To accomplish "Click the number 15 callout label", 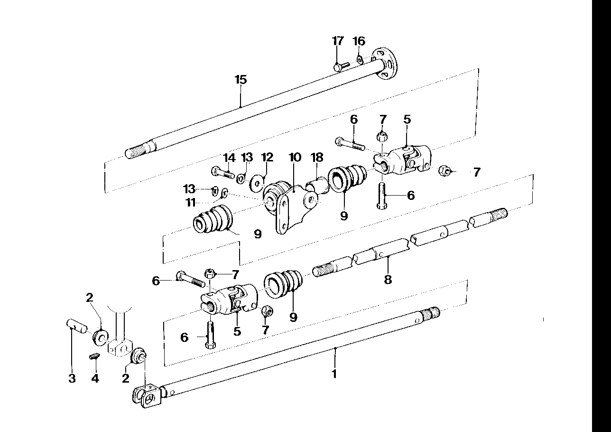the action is tap(241, 80).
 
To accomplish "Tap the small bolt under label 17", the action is tap(341, 66).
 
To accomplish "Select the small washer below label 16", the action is tap(360, 59).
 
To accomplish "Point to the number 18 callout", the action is tap(317, 157).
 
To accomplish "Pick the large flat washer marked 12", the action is tap(256, 182).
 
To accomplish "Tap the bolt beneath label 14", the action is tap(222, 172).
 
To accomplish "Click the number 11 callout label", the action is tap(191, 203).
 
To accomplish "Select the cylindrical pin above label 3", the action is tap(77, 325).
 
